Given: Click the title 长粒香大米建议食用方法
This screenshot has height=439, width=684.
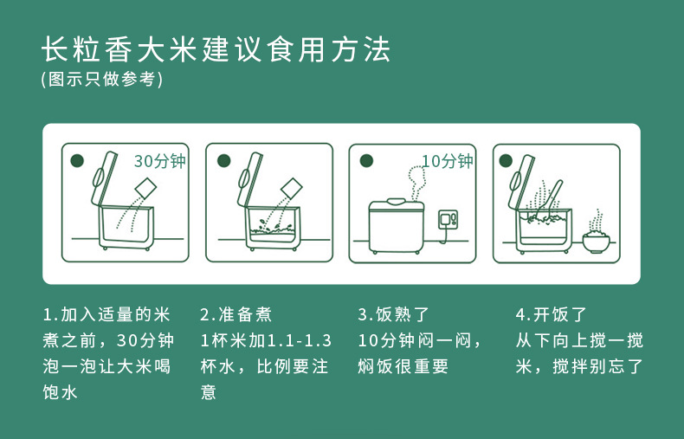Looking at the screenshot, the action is (x=216, y=49).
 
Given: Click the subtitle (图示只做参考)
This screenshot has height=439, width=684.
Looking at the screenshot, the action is (x=102, y=80).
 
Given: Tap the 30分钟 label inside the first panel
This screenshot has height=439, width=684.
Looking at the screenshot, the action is (x=159, y=161).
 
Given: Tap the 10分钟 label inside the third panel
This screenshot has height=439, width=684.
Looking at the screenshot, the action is (x=448, y=161).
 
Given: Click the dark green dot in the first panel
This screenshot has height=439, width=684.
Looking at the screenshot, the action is (x=77, y=160).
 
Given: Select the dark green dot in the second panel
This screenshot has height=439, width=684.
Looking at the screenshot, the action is (x=223, y=160).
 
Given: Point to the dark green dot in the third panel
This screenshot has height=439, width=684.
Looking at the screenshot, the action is (x=366, y=160).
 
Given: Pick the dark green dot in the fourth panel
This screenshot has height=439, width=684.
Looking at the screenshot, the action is (x=506, y=160).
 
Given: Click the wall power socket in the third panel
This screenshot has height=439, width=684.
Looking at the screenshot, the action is (x=448, y=218).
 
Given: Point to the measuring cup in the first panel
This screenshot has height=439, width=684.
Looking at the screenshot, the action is (x=145, y=189).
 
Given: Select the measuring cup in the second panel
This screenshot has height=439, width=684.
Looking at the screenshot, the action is (x=292, y=189).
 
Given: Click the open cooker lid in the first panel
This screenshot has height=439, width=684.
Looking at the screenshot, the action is (x=103, y=178).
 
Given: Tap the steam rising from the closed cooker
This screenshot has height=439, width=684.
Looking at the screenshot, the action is (x=416, y=184).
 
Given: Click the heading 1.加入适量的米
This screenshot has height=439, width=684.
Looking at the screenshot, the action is (x=106, y=314).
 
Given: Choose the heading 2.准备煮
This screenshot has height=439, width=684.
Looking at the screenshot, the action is (x=236, y=314).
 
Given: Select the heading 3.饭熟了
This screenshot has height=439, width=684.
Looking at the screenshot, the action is (x=393, y=314).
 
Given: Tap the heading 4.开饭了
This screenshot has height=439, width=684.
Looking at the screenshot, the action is (x=551, y=314).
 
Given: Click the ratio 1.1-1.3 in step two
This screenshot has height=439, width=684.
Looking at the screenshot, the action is (x=299, y=341).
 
